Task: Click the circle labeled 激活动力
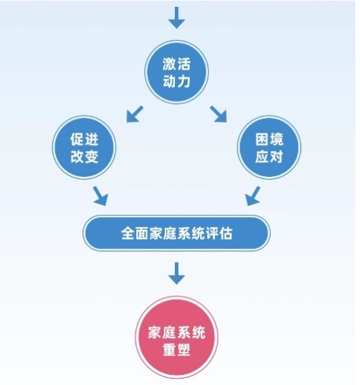tap(176, 72)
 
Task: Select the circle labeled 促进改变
tap(84, 148)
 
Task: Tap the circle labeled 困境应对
tap(269, 148)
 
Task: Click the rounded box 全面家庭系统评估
tap(176, 233)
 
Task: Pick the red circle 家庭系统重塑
tap(176, 337)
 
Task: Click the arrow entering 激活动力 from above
tap(176, 18)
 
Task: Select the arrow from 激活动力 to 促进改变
tap(135, 114)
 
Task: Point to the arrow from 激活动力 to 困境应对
tap(218, 114)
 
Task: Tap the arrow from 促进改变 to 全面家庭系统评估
tap(101, 196)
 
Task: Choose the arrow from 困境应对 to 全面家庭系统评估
tap(253, 196)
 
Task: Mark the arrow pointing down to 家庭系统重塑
tap(176, 273)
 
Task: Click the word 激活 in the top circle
tap(176, 64)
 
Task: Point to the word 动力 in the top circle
tap(176, 81)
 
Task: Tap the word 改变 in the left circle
tap(84, 156)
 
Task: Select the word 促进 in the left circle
tap(84, 139)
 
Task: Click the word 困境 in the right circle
tap(269, 139)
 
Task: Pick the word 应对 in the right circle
tap(269, 156)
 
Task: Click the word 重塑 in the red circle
tap(176, 350)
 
